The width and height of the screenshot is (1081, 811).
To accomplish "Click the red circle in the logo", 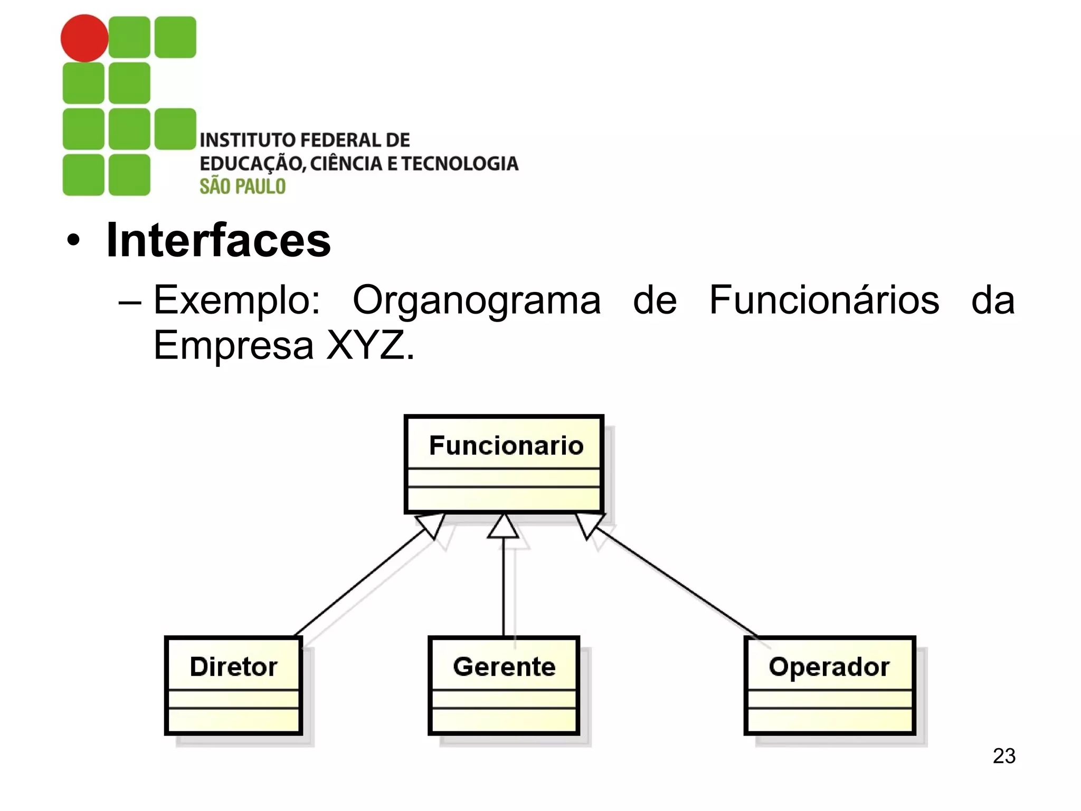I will pos(84,38).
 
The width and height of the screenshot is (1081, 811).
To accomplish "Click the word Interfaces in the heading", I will pos(219,241).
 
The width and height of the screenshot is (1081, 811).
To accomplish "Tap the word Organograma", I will pos(476,300).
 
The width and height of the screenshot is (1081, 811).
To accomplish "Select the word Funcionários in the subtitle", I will pos(823,300).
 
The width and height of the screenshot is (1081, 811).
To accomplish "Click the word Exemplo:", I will pos(237,300).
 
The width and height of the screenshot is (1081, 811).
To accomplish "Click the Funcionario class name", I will pos(506,446).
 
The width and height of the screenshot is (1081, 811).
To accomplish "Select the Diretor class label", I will pos(233,667).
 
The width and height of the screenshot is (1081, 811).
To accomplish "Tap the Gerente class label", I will pos(504,667).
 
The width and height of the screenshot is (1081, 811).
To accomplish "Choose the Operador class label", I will pos(829,667).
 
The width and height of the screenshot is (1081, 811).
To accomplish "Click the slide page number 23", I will pos(1004,756).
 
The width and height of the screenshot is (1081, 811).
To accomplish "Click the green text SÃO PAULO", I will pos(242,186).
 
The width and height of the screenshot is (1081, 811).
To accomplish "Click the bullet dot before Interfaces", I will pos(74,241).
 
